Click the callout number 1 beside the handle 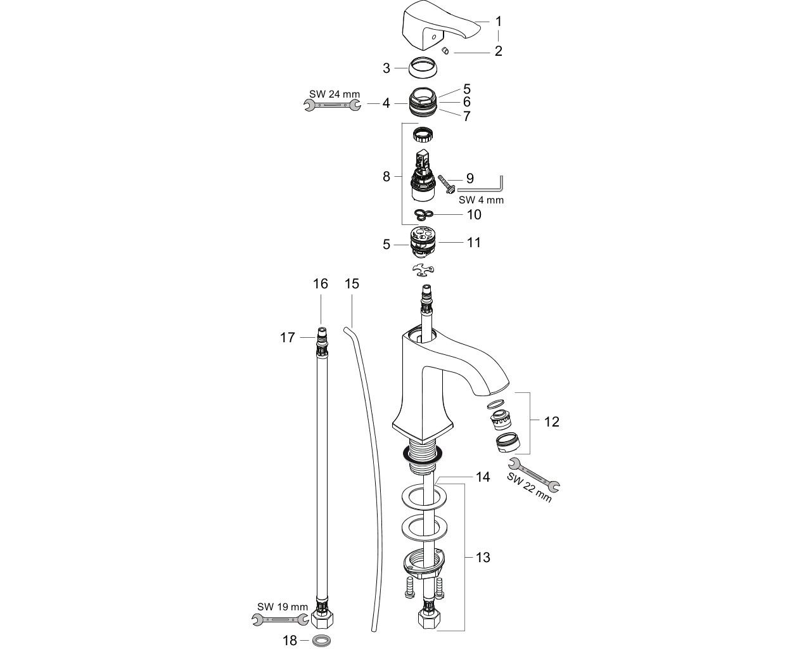tap(498, 22)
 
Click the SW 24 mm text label tap(335, 94)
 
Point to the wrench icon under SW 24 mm tap(332, 105)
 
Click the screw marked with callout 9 tap(447, 185)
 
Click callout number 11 tap(474, 243)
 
